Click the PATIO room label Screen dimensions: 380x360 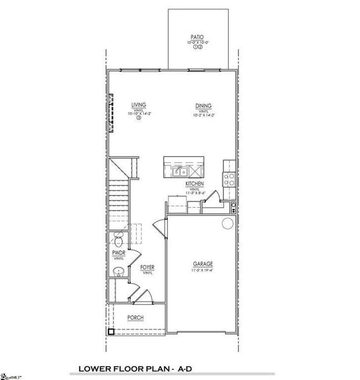[x=197, y=37]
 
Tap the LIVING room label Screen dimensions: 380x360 [x=139, y=106]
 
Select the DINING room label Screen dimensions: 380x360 [x=203, y=106]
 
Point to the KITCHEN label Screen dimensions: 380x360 [x=195, y=184]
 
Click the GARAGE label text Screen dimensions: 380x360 [x=203, y=264]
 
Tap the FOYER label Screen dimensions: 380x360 [x=148, y=268]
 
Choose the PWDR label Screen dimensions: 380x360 [x=119, y=253]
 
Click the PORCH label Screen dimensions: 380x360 [x=135, y=317]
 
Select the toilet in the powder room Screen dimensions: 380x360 [x=118, y=240]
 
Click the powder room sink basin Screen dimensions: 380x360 [x=117, y=272]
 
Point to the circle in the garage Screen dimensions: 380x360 [x=228, y=224]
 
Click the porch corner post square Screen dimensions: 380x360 [x=111, y=331]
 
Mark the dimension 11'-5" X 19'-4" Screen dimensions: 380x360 [x=203, y=270]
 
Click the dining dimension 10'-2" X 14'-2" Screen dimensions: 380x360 [x=203, y=115]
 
